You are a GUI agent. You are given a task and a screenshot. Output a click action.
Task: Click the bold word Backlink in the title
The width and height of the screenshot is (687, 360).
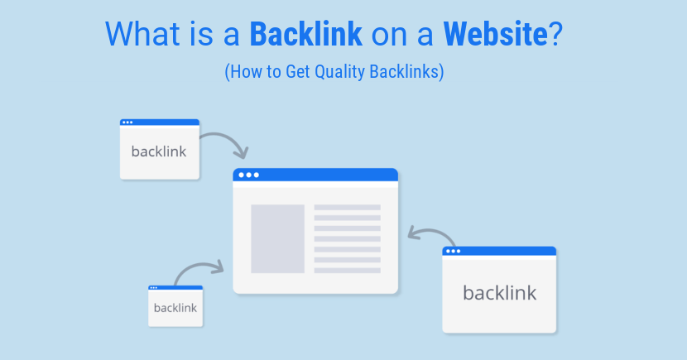point(305,33)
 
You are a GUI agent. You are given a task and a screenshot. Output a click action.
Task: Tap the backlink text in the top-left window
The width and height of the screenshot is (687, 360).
point(159,151)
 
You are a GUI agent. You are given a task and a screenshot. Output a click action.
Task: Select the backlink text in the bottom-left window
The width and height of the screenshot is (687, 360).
point(175,308)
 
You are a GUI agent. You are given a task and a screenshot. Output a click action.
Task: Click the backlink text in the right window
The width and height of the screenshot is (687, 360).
point(499,292)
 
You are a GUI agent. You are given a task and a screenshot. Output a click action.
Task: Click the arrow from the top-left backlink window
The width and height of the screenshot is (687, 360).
point(225,141)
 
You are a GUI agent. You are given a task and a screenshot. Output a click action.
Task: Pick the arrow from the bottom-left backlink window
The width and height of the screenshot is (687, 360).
point(199,270)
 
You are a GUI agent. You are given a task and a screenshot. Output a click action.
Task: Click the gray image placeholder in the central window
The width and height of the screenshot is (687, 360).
point(277,238)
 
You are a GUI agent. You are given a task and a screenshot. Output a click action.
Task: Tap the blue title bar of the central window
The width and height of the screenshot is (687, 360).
point(315,175)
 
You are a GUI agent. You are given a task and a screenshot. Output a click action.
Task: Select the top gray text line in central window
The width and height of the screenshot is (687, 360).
point(347,208)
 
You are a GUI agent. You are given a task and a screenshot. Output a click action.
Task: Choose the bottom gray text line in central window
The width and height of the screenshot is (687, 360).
point(347,270)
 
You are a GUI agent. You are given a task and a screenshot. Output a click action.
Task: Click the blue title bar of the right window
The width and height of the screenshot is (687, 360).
point(499,251)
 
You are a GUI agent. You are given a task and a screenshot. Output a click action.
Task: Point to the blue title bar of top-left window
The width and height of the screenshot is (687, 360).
point(160,122)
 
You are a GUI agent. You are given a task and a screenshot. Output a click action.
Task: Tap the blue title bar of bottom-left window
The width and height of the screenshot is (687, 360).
point(175,288)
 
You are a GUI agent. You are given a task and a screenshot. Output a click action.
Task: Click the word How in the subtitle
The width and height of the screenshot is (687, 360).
point(243,73)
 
